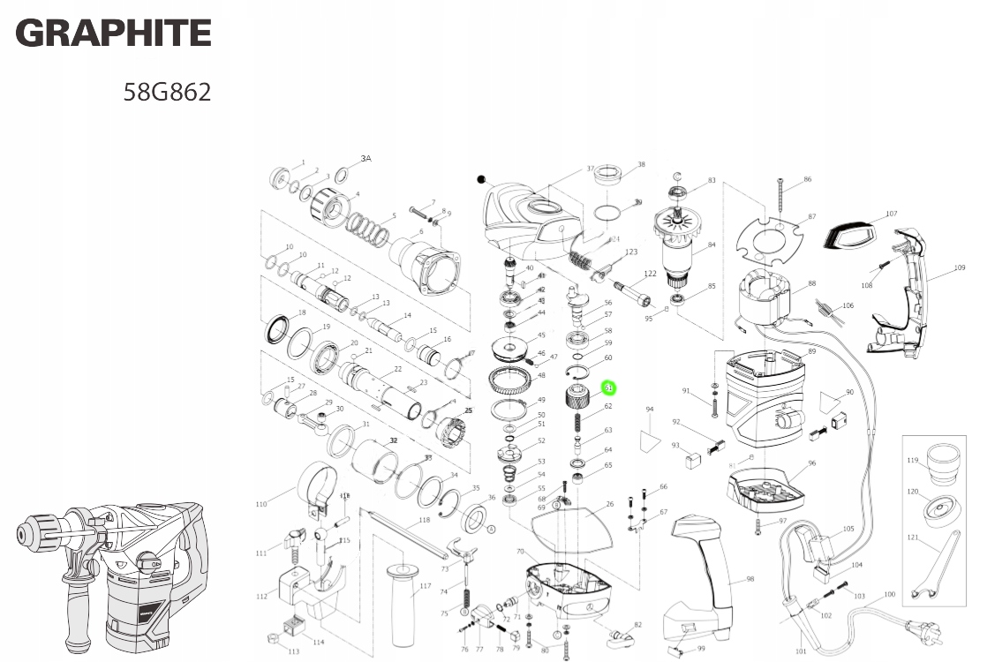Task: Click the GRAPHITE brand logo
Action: (x=114, y=34)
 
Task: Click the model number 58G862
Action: (x=167, y=92)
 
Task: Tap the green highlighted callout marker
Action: (x=608, y=387)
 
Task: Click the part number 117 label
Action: (x=426, y=586)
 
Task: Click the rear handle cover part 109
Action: (x=900, y=291)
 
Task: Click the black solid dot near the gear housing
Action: (x=481, y=179)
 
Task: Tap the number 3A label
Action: (x=365, y=159)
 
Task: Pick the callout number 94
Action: (x=649, y=410)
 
